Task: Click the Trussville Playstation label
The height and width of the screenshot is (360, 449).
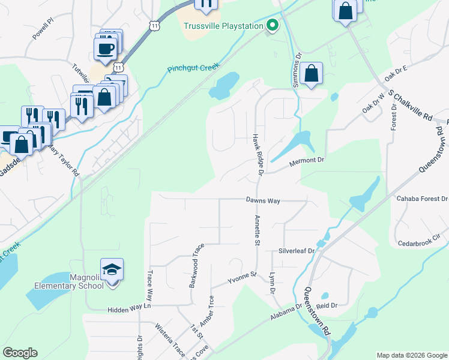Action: click(x=223, y=26)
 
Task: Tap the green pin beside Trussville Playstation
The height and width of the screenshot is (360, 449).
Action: click(x=272, y=26)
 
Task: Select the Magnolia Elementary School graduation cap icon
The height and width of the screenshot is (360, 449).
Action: click(x=112, y=269)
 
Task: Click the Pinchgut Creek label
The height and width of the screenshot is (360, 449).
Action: click(x=193, y=68)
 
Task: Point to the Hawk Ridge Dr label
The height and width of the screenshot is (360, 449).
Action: click(x=258, y=155)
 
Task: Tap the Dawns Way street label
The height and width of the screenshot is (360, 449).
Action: click(x=263, y=201)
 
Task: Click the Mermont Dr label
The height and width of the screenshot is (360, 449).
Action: click(x=307, y=160)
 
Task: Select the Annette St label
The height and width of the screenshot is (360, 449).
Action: click(x=256, y=230)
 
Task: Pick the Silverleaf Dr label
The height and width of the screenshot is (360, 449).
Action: click(x=296, y=251)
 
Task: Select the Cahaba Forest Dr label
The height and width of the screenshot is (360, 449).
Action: click(x=422, y=199)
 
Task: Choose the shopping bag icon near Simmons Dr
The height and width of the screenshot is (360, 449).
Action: click(x=312, y=74)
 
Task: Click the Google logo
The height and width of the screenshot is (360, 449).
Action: click(x=20, y=353)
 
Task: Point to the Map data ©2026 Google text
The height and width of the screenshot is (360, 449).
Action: click(x=411, y=355)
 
